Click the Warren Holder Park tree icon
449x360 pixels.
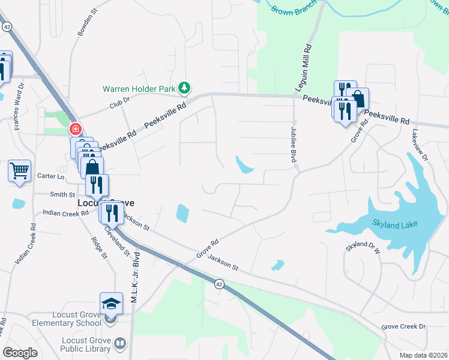[185, 89]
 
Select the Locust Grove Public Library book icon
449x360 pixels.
[120, 343]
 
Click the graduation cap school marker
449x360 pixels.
[111, 304]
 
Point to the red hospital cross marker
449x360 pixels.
[76, 128]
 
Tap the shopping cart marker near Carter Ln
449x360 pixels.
[19, 171]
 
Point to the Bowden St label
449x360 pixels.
[88, 22]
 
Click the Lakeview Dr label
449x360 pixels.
[420, 145]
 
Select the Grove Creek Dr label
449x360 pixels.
[403, 326]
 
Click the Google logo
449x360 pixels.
[20, 353]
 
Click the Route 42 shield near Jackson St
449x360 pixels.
[220, 284]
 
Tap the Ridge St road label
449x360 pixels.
[98, 247]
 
